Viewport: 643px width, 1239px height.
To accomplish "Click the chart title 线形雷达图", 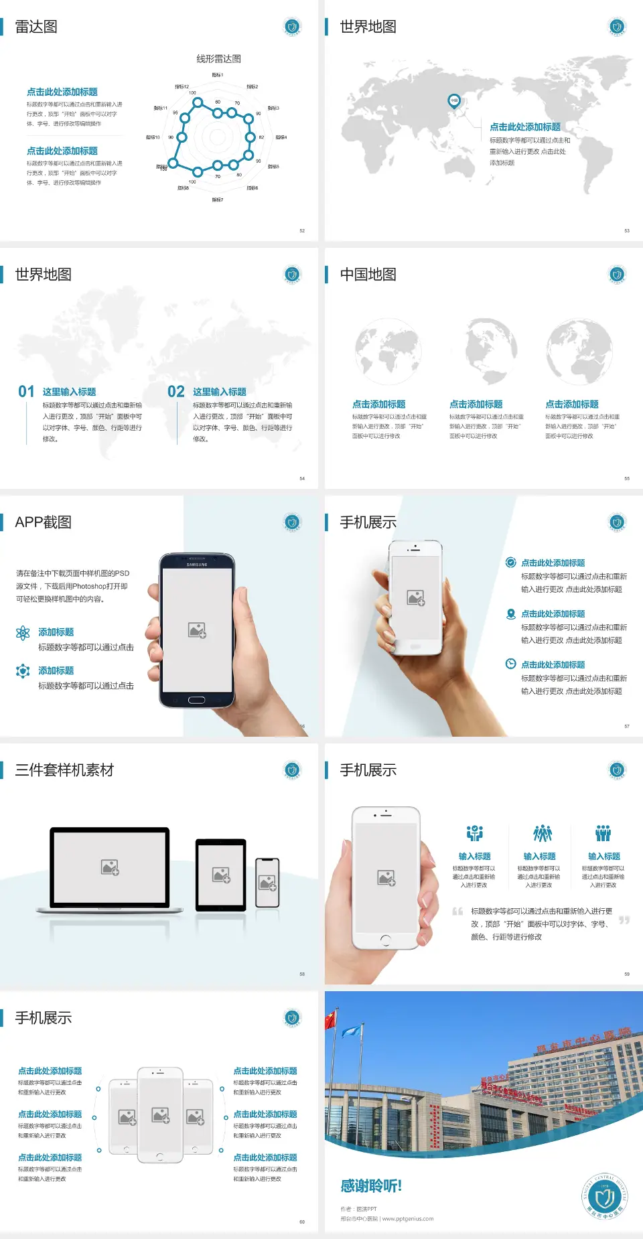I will click(218, 59).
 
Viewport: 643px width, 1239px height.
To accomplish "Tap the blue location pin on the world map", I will click(453, 101).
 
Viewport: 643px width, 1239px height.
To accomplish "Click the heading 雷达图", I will click(36, 27).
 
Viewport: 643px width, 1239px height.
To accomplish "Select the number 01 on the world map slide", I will click(26, 391).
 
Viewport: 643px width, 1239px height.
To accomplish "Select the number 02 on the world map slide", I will click(175, 391).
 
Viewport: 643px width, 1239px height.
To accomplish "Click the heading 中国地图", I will click(368, 275).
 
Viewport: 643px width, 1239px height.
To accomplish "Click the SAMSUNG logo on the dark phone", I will click(197, 565).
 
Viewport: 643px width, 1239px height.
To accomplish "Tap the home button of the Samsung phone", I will click(196, 700).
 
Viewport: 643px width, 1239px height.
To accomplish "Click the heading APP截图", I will click(43, 522).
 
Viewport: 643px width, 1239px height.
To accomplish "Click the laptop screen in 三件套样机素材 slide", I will click(110, 867).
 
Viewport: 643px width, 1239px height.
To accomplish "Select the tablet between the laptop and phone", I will click(221, 874).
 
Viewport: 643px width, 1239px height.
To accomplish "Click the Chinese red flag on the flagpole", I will click(331, 1020).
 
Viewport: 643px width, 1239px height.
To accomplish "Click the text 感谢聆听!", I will click(371, 1186).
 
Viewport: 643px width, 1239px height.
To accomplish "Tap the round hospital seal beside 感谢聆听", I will click(604, 1196).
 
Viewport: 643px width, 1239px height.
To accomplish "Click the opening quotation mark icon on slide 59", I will click(457, 911).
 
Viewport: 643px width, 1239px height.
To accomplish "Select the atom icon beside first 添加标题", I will click(23, 633).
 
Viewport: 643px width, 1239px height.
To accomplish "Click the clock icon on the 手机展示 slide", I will click(510, 664).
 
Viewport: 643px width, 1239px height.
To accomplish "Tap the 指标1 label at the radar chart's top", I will click(217, 75).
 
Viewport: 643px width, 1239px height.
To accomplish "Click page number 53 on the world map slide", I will click(627, 230).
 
